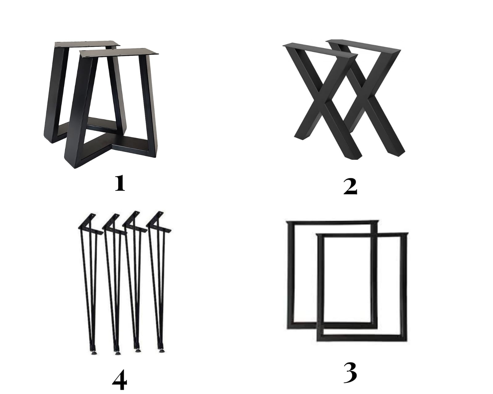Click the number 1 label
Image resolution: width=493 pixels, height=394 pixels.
pyautogui.click(x=120, y=183)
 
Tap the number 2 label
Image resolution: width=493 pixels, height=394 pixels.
pyautogui.click(x=350, y=187)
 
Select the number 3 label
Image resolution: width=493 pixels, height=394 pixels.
pyautogui.click(x=350, y=373)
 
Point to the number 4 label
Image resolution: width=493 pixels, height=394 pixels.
pyautogui.click(x=119, y=380)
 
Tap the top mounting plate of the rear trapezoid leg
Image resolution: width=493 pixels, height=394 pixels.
pyautogui.click(x=87, y=44)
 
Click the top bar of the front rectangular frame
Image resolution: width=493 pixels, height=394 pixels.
pyautogui.click(x=362, y=235)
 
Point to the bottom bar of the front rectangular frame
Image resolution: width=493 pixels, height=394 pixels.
pyautogui.click(x=362, y=338)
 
